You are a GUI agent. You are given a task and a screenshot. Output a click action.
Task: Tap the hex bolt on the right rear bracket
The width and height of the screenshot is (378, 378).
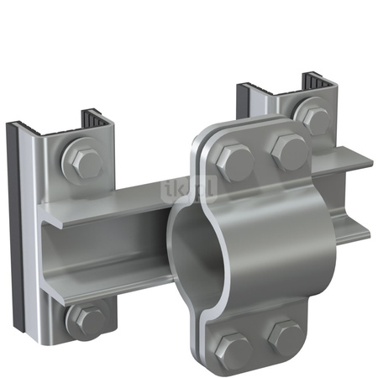click(315, 120)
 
